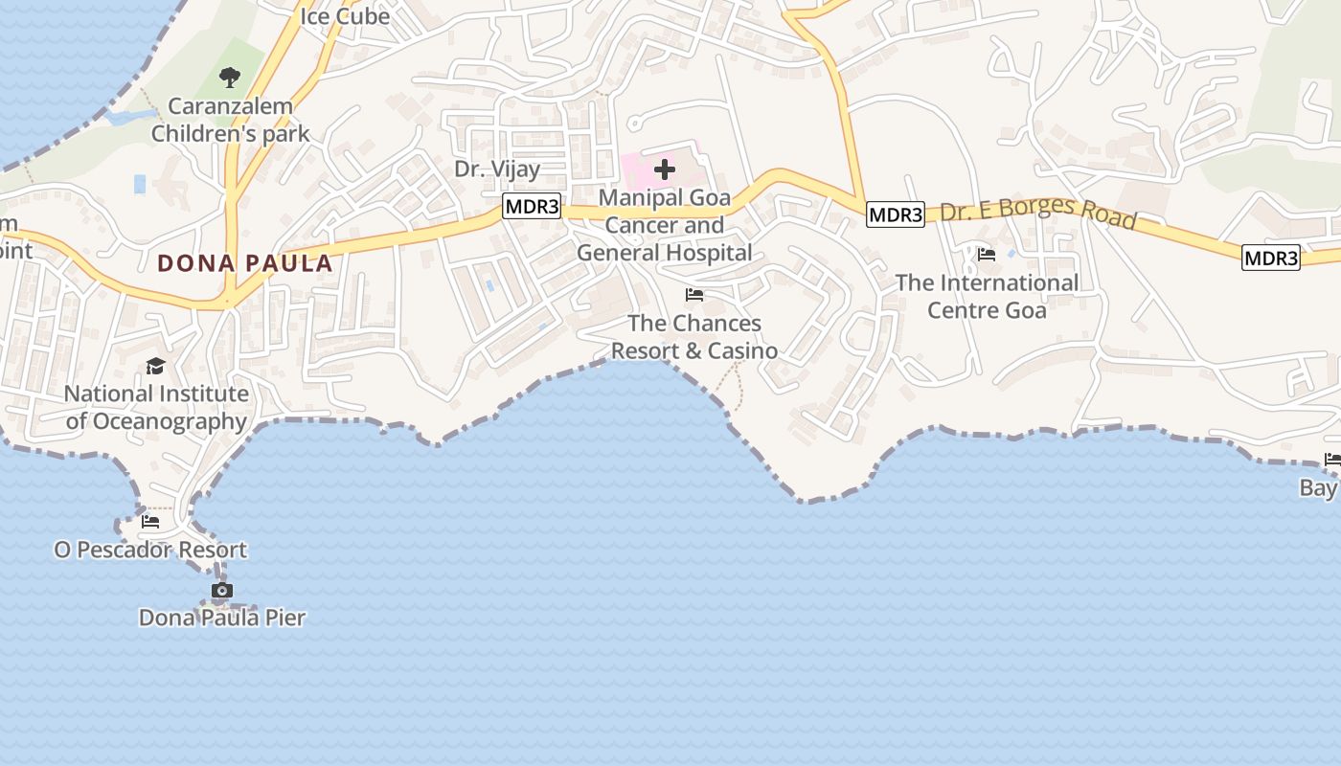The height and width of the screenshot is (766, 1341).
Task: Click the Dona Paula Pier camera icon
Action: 222,591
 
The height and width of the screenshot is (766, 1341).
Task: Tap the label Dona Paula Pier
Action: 222,618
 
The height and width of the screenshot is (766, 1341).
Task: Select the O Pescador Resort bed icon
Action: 150,522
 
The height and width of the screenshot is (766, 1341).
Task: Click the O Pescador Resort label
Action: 150,550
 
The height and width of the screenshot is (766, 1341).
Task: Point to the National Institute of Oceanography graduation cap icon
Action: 155,366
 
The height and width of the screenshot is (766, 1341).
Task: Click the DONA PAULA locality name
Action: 244,263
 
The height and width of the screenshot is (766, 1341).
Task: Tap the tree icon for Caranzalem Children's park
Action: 230,78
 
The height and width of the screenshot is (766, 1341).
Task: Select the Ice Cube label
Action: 345,16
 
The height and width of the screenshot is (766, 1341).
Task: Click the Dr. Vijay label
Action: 497,169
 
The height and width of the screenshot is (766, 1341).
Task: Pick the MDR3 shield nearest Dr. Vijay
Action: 531,206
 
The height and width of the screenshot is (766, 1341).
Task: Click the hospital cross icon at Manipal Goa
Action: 665,170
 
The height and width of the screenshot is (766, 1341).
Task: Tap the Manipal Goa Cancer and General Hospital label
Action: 665,225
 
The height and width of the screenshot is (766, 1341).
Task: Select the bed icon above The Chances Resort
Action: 694,295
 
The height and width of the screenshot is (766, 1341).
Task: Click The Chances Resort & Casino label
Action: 694,337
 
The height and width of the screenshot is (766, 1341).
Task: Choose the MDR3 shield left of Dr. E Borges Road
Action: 896,214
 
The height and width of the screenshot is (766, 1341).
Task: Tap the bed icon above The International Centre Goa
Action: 987,255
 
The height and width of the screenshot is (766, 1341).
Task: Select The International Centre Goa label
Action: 987,296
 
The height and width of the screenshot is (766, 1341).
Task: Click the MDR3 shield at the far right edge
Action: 1271,258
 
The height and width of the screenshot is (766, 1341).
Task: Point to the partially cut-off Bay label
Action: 1319,488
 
